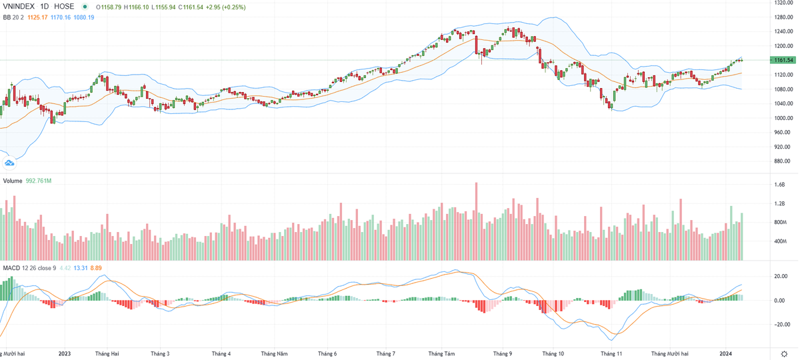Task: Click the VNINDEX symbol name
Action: coord(19,7)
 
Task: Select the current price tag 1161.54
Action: coord(783,60)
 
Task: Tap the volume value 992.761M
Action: coord(39,181)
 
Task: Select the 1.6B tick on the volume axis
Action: coord(779,184)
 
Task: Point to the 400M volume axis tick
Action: coord(779,241)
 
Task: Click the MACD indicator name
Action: coord(11,268)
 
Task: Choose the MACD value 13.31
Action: coord(80,268)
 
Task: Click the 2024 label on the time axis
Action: coord(726,353)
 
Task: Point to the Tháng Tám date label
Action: coord(441,353)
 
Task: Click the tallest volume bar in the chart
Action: coord(476,220)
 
